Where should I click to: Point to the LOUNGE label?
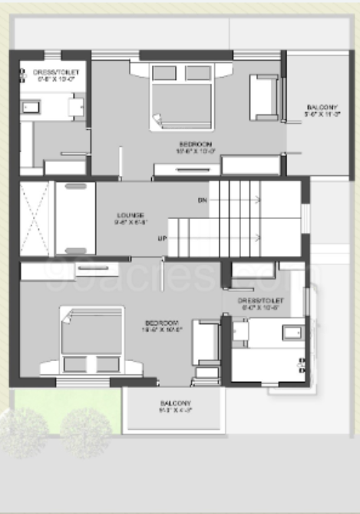[x=128, y=214]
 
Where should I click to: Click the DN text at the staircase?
[x=203, y=200]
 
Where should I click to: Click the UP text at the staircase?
[x=163, y=239]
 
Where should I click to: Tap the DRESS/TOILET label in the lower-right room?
[x=262, y=300]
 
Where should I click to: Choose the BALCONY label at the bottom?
[x=176, y=404]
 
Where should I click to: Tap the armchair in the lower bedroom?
[x=205, y=342]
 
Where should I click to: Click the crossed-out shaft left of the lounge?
[x=35, y=218]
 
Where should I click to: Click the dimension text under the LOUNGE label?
[x=128, y=223]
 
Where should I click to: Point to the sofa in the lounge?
[x=75, y=218]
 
